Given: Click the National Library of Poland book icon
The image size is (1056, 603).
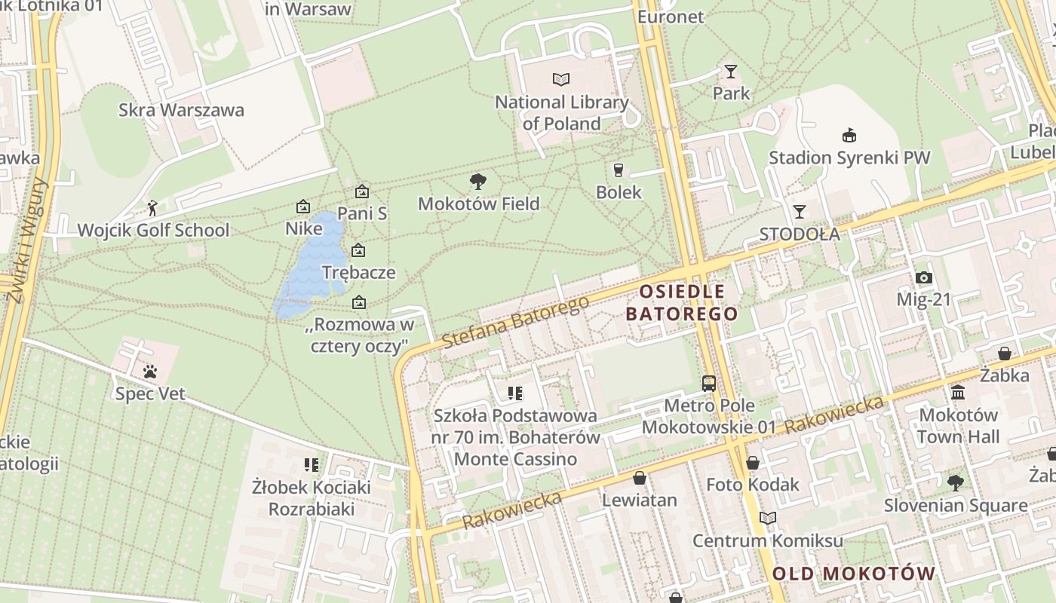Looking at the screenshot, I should (561, 79).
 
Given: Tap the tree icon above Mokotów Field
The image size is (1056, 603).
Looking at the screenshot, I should (477, 181).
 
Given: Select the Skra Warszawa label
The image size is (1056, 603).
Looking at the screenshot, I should (181, 110).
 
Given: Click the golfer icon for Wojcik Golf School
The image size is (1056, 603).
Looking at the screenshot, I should (153, 207).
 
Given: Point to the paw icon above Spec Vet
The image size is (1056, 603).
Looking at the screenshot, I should (150, 372).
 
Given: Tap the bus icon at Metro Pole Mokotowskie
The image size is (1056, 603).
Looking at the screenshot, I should (708, 383).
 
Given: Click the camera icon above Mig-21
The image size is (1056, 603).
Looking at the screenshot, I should (923, 277).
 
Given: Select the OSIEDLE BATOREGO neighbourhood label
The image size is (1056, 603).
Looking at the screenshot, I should (682, 302).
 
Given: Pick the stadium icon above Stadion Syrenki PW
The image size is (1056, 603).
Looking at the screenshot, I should (849, 136).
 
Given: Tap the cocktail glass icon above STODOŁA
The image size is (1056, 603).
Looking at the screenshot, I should (800, 212).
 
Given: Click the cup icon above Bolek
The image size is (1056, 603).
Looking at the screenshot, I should (619, 170).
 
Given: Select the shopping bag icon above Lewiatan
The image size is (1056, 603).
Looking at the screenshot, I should (639, 478).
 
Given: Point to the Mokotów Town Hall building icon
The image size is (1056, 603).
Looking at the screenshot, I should (958, 392).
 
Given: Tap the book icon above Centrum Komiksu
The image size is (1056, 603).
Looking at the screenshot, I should (767, 519).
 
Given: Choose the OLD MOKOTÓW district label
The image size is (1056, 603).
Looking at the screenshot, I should (853, 574).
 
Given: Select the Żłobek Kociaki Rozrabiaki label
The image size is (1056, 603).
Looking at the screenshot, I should (312, 498).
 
